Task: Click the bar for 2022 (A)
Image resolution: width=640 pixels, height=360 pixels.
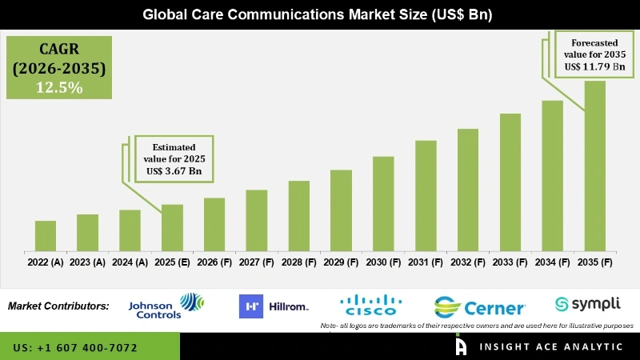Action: pyautogui.click(x=46, y=236)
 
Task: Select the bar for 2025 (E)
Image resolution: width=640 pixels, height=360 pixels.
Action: pyautogui.click(x=172, y=228)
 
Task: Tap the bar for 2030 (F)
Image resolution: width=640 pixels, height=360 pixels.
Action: pyautogui.click(x=383, y=204)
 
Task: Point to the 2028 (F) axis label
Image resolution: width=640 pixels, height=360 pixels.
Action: pyautogui.click(x=298, y=262)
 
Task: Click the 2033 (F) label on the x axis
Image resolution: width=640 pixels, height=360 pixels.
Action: pyautogui.click(x=510, y=262)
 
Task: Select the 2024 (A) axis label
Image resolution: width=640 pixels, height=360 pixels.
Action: pyautogui.click(x=130, y=262)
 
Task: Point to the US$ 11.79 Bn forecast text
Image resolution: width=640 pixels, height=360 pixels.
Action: pyautogui.click(x=593, y=66)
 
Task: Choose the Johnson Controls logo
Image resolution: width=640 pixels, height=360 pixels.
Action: pyautogui.click(x=166, y=306)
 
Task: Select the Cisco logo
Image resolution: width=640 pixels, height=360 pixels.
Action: pyautogui.click(x=370, y=306)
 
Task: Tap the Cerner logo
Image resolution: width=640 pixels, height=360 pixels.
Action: pyautogui.click(x=480, y=307)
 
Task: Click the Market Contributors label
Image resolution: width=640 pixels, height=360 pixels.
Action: pyautogui.click(x=58, y=306)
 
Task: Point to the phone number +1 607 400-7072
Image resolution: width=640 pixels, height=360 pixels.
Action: pyautogui.click(x=75, y=348)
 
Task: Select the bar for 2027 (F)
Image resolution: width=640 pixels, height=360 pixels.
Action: pyautogui.click(x=256, y=220)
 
